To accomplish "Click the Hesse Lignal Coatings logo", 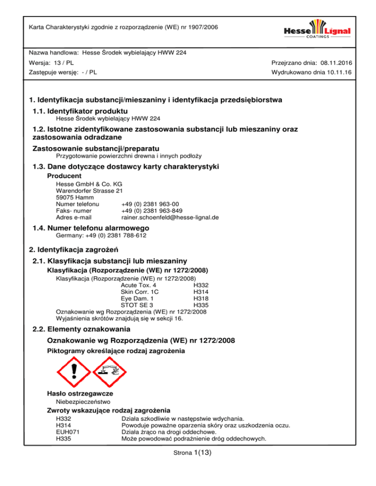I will coord(317,30).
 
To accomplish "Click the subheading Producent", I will coord(64,176).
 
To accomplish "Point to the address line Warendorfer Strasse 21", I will coord(90,190).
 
